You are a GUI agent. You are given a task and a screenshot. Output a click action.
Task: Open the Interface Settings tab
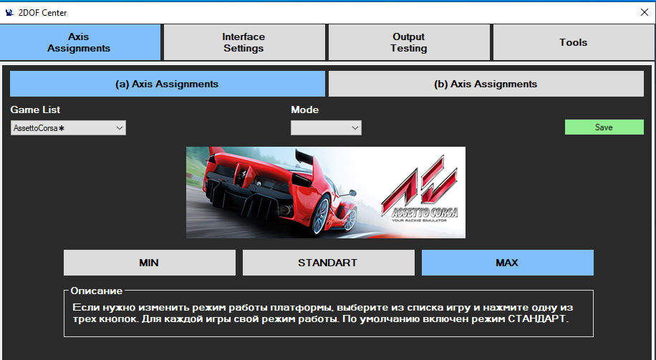point(243,42)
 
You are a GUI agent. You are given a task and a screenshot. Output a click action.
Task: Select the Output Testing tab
point(409,42)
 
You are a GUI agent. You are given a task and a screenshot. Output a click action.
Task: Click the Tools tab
point(574,42)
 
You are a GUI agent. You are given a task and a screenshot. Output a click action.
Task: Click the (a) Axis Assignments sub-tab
point(168,84)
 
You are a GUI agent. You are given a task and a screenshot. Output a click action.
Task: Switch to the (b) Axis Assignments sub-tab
point(486,84)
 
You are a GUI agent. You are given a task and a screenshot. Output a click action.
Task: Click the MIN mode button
point(150,263)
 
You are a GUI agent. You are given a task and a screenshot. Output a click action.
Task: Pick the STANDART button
point(329,263)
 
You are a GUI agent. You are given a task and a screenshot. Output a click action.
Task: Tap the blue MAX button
point(508,263)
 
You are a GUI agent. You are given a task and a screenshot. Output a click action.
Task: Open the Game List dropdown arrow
point(119,128)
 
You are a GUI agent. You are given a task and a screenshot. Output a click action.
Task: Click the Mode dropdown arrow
point(355,128)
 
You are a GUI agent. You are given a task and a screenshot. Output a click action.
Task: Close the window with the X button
point(645,13)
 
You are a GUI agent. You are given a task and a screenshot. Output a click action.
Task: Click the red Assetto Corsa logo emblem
point(420,184)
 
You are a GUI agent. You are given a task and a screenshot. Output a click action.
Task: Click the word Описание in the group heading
point(96,291)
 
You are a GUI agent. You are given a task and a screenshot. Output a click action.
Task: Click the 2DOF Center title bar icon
point(9,13)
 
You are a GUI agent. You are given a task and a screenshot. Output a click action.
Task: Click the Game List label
point(35,110)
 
